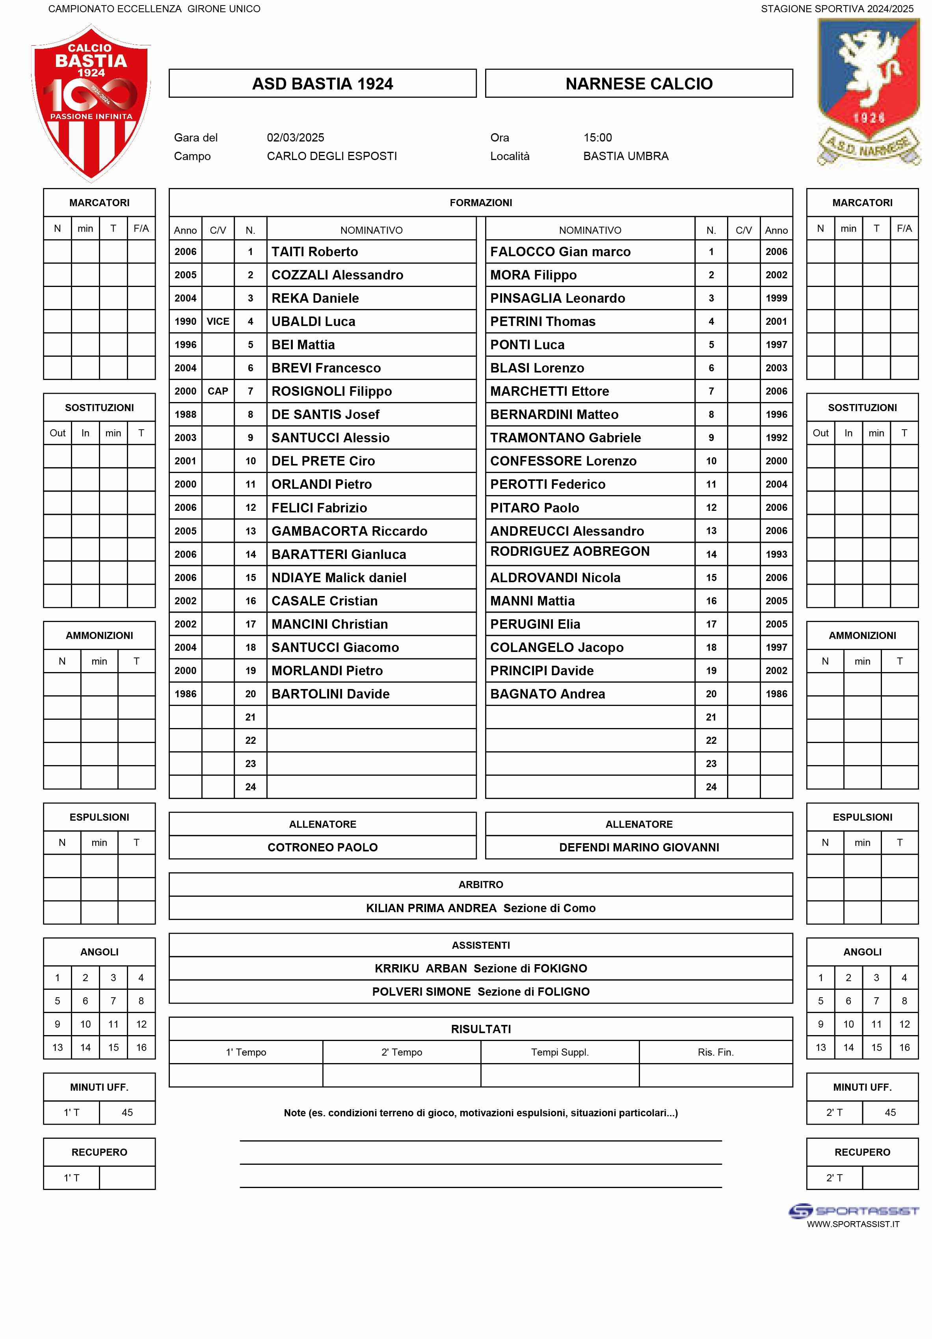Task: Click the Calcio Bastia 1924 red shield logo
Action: click(91, 102)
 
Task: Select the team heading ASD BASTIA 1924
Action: click(322, 84)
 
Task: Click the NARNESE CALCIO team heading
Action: click(639, 84)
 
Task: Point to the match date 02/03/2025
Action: click(295, 138)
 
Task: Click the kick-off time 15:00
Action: click(597, 138)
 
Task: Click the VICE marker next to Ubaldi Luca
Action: click(218, 321)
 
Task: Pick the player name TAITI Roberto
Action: click(314, 252)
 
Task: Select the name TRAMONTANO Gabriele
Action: click(565, 438)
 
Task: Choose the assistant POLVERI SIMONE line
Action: click(480, 991)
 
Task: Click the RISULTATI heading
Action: click(480, 1029)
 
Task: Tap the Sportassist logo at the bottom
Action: click(853, 1211)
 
